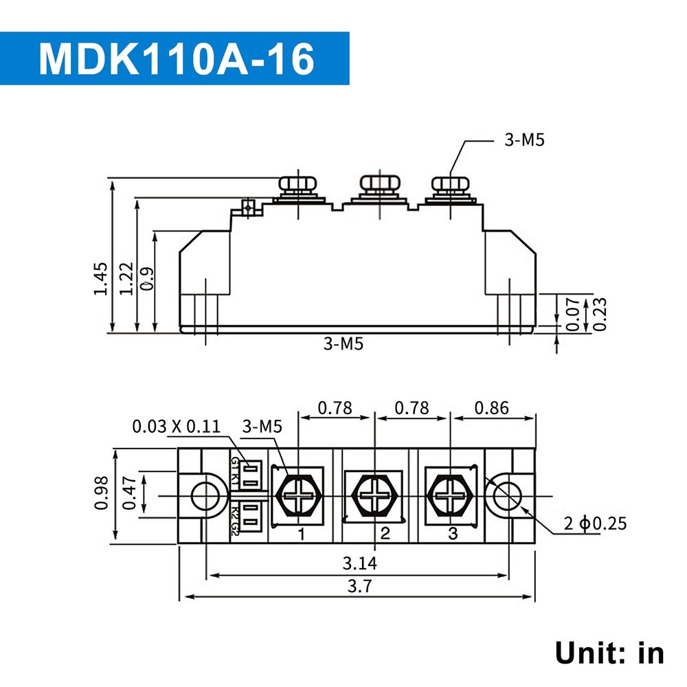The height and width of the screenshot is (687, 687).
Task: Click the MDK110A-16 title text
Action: click(177, 59)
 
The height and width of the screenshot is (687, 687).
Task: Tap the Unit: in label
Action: click(609, 653)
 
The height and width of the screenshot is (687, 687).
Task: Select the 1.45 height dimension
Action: click(100, 278)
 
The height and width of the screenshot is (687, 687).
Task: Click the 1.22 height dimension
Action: click(126, 278)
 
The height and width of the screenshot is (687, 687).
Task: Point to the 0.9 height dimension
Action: click(146, 278)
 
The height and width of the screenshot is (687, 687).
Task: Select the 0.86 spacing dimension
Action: click(491, 408)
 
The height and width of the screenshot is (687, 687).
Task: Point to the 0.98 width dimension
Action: click(102, 493)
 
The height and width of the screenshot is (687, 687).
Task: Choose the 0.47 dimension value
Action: click(128, 494)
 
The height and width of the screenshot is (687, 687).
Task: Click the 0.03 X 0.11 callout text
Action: click(177, 427)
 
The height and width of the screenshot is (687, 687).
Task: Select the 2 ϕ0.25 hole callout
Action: click(595, 523)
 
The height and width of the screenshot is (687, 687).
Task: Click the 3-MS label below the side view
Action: click(343, 344)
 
